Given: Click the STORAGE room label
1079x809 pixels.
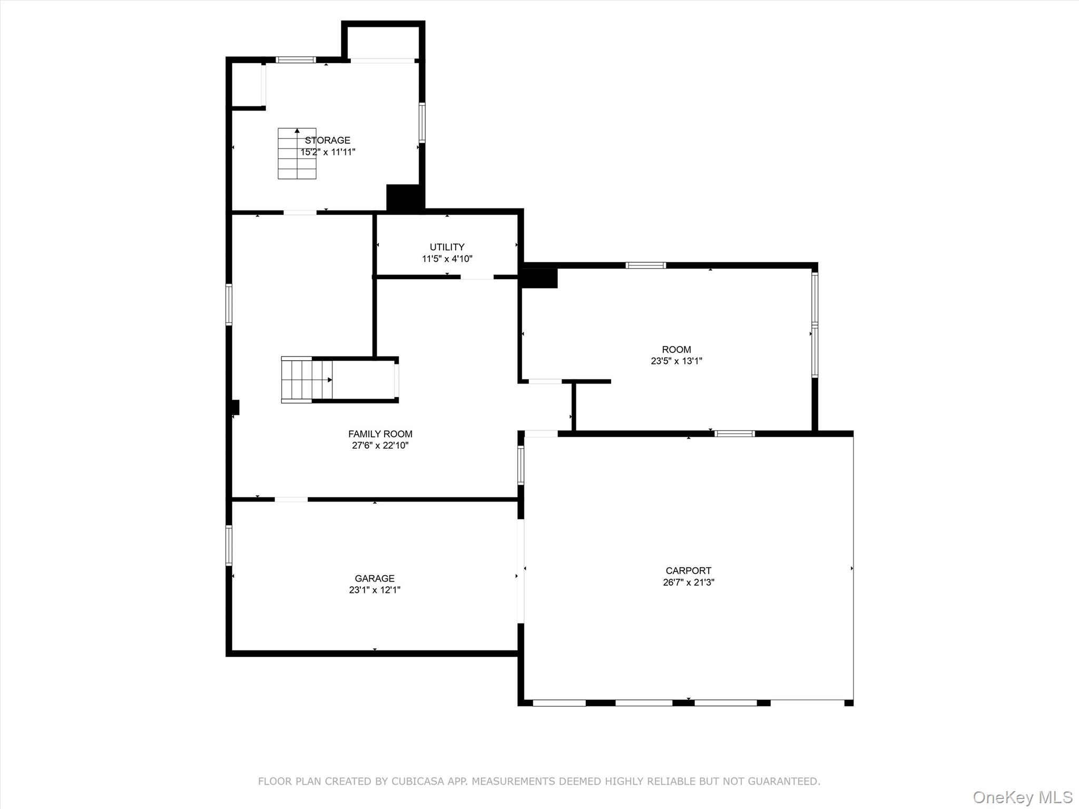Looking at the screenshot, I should (x=327, y=140).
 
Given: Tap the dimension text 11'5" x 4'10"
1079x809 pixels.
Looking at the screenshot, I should (x=447, y=259).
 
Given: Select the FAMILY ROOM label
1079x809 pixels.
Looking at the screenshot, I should (x=380, y=434).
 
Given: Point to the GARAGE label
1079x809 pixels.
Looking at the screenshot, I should (x=374, y=578).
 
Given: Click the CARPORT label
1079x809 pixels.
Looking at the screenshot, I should (x=688, y=570).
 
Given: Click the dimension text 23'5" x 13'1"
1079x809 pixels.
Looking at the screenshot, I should (x=676, y=361).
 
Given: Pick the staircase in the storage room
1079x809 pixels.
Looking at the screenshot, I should (x=297, y=153).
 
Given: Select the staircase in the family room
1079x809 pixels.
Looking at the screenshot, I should (x=307, y=380).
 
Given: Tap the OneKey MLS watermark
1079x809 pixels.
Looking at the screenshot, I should (x=1022, y=797).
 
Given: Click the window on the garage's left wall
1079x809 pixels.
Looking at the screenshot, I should (x=229, y=545).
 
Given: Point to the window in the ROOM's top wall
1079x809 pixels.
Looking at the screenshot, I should (x=645, y=265).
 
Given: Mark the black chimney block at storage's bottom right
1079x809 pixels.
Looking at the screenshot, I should (x=405, y=198).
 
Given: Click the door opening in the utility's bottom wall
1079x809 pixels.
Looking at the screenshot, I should (x=477, y=277).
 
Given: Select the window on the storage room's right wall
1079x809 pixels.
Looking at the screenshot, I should (x=422, y=122).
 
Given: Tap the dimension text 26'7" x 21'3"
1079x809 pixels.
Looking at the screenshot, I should (x=688, y=582).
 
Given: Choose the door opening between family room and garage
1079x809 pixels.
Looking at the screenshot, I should (x=291, y=499).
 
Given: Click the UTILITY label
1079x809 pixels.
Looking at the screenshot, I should (x=447, y=247).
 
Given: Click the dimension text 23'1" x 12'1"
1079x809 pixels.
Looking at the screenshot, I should (x=374, y=590).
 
